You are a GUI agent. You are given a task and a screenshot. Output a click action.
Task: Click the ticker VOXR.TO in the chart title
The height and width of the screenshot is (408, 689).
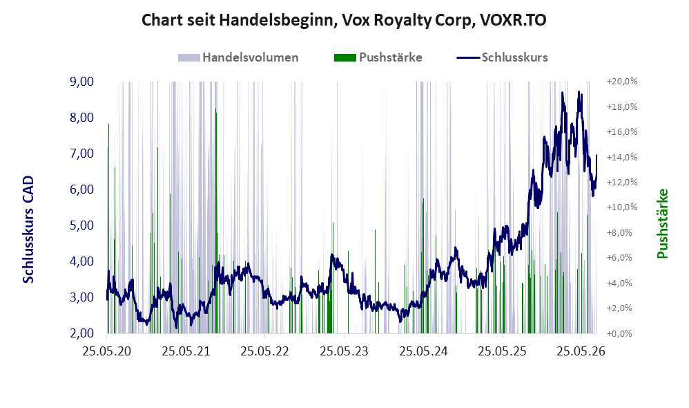(x=513, y=20)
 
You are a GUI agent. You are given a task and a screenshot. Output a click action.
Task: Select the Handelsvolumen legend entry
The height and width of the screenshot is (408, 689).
(x=238, y=57)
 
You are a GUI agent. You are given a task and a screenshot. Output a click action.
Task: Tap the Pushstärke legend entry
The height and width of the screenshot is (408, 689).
(x=378, y=57)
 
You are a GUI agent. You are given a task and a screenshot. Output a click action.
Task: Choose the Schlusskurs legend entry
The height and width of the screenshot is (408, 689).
(x=502, y=57)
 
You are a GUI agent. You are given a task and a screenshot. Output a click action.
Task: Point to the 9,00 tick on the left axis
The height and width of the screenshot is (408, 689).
(x=81, y=82)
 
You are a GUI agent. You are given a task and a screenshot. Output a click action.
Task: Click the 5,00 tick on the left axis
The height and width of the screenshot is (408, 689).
(x=81, y=225)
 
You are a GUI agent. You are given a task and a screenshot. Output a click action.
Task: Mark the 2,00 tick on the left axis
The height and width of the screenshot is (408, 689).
(x=81, y=333)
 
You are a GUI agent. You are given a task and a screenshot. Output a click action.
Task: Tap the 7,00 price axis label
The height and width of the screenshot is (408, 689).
(x=81, y=153)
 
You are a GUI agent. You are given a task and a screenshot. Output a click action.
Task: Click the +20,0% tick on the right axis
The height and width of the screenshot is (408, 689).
(x=622, y=82)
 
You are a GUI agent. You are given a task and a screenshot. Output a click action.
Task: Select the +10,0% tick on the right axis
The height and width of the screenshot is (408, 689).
(x=622, y=207)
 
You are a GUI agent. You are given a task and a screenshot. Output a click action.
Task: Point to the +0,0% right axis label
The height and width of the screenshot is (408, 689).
(x=622, y=333)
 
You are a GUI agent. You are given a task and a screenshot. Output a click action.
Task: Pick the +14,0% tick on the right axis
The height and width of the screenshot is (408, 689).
(x=622, y=157)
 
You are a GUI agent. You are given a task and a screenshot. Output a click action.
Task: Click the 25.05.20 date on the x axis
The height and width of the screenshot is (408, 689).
(x=107, y=351)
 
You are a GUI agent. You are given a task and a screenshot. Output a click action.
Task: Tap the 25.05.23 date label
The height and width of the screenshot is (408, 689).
(x=344, y=351)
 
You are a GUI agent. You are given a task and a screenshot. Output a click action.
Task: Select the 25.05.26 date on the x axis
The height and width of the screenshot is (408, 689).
(x=581, y=351)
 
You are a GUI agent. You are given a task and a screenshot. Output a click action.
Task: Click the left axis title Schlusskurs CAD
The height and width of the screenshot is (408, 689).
(x=28, y=230)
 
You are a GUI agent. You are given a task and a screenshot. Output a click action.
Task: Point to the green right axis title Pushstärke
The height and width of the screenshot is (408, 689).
(x=662, y=223)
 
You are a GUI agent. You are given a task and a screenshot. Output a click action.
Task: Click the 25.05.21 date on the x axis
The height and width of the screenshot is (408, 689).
(x=186, y=351)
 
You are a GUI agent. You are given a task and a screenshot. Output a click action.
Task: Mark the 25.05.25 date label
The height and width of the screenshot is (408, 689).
(x=502, y=351)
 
